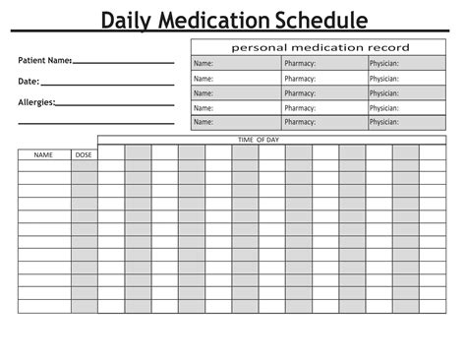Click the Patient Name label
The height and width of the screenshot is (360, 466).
[x=44, y=61]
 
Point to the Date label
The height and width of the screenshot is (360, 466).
[x=29, y=81]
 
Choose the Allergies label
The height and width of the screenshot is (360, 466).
[x=36, y=101]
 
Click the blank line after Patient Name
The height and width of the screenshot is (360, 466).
[x=123, y=63]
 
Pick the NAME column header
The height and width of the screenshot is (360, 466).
[x=43, y=154]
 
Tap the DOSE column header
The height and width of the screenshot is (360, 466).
[x=84, y=154]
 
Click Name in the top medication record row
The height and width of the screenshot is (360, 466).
[x=204, y=64]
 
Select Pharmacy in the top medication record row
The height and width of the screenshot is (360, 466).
[x=300, y=64]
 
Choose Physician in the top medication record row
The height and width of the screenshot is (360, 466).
[x=384, y=64]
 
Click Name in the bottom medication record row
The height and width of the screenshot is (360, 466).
[x=204, y=122]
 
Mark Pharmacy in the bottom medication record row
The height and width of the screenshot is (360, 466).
[x=300, y=122]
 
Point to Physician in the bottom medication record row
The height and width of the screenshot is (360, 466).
[x=384, y=122]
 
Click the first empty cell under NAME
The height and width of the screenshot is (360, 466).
[x=43, y=165]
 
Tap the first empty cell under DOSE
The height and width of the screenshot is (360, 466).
[x=84, y=165]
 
